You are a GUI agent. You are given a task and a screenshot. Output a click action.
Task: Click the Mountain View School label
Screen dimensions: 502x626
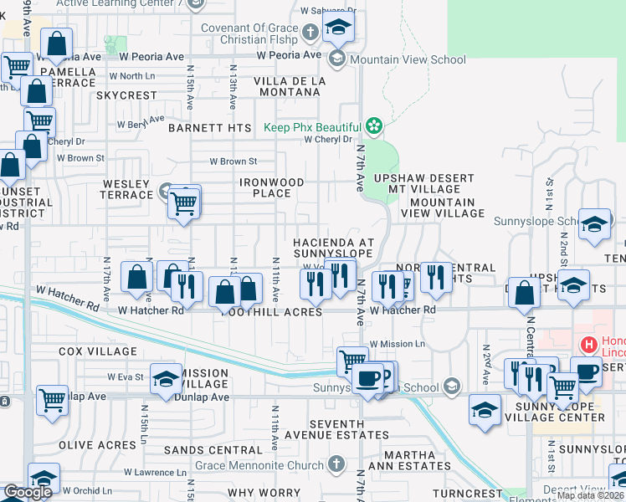pos(408,59)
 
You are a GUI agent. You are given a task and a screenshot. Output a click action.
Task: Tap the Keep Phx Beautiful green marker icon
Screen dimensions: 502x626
pos(373,127)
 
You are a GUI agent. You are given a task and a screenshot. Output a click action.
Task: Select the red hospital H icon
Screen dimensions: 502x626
pos(588,344)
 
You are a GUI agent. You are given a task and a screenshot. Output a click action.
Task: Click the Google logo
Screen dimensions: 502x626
pos(28,491)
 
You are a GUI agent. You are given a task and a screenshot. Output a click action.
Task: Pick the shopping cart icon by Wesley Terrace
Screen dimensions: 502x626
pos(183,203)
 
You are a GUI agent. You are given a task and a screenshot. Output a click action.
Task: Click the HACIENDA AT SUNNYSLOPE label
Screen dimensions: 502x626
pos(332,247)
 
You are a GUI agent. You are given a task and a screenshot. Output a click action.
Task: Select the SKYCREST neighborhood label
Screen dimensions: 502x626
pos(126,95)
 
